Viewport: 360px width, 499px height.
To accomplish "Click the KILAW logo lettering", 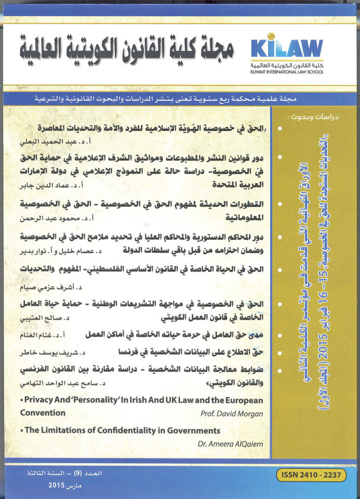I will (x=287, y=49).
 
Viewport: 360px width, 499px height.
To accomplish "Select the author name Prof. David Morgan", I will (x=231, y=414).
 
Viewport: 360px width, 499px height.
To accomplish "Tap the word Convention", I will (x=43, y=413).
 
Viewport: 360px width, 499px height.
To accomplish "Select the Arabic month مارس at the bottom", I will (x=77, y=484).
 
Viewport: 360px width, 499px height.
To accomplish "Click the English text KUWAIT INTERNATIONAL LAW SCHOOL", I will (x=287, y=71).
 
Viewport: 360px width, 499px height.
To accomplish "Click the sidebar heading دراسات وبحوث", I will (x=306, y=117).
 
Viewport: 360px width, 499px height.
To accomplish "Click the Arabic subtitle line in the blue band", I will (x=179, y=99).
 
